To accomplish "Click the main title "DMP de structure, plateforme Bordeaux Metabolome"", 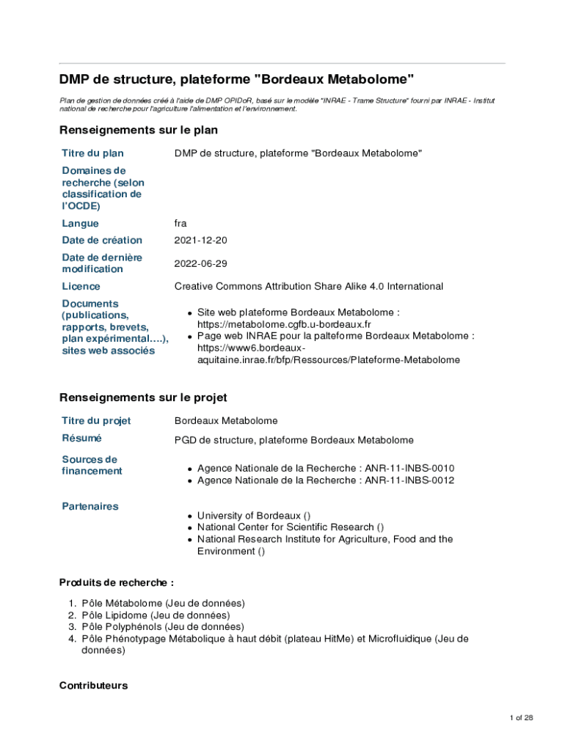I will tap(236, 78).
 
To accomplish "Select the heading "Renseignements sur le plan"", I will tap(138, 130).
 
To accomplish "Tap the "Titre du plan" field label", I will tap(92, 153).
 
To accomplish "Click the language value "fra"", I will tap(181, 224).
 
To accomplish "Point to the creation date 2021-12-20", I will tap(200, 241).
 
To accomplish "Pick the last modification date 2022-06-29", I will tap(200, 263).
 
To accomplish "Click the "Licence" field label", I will tap(81, 287).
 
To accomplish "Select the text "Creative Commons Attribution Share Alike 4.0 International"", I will tap(308, 287).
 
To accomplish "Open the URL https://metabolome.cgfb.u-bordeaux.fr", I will tap(284, 324).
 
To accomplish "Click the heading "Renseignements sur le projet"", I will tap(143, 398).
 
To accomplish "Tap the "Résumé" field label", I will tap(81, 438).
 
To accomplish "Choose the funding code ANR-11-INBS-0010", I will tap(409, 469).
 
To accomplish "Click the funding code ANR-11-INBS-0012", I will tap(409, 480).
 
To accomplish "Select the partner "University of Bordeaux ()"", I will tap(254, 516).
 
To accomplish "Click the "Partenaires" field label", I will tap(90, 506).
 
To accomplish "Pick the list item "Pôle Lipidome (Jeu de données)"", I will tap(156, 615).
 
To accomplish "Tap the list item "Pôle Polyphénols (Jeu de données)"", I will tap(163, 627).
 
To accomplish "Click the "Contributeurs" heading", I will tap(93, 686).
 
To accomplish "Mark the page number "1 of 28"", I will tap(521, 717).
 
